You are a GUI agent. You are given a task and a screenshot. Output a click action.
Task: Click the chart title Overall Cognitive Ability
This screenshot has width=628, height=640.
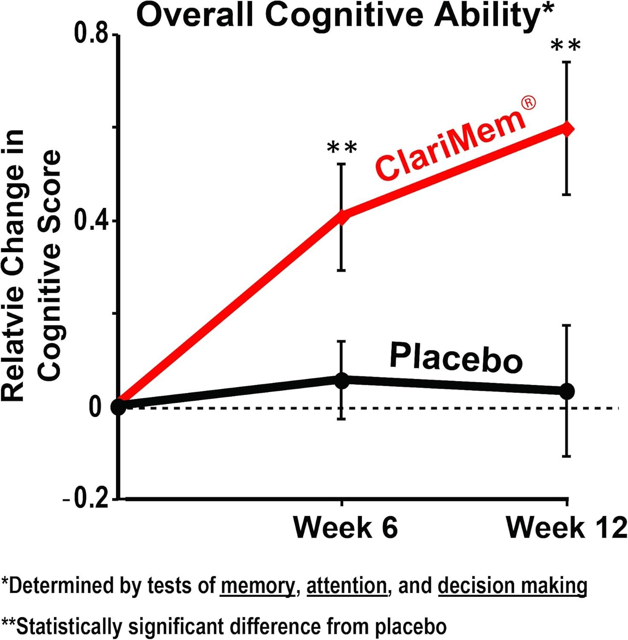point(345,15)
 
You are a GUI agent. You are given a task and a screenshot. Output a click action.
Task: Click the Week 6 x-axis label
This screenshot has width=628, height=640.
point(345,527)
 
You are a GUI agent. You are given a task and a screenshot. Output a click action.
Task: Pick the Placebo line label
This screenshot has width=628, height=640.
point(456,358)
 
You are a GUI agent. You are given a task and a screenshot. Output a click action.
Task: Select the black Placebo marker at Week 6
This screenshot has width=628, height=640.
point(342,380)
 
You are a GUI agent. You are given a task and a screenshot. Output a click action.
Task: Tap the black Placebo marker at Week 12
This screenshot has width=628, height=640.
point(567,391)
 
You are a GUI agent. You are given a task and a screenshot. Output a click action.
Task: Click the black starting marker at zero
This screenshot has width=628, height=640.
point(118,407)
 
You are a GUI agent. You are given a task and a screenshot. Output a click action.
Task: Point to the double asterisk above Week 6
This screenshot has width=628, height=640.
point(342,148)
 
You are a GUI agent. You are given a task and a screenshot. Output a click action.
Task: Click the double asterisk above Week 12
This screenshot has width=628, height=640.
point(566,46)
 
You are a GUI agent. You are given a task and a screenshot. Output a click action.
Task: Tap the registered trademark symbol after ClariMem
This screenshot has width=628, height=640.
point(529,103)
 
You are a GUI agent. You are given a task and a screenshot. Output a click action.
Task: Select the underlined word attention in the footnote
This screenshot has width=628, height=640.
point(346,585)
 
